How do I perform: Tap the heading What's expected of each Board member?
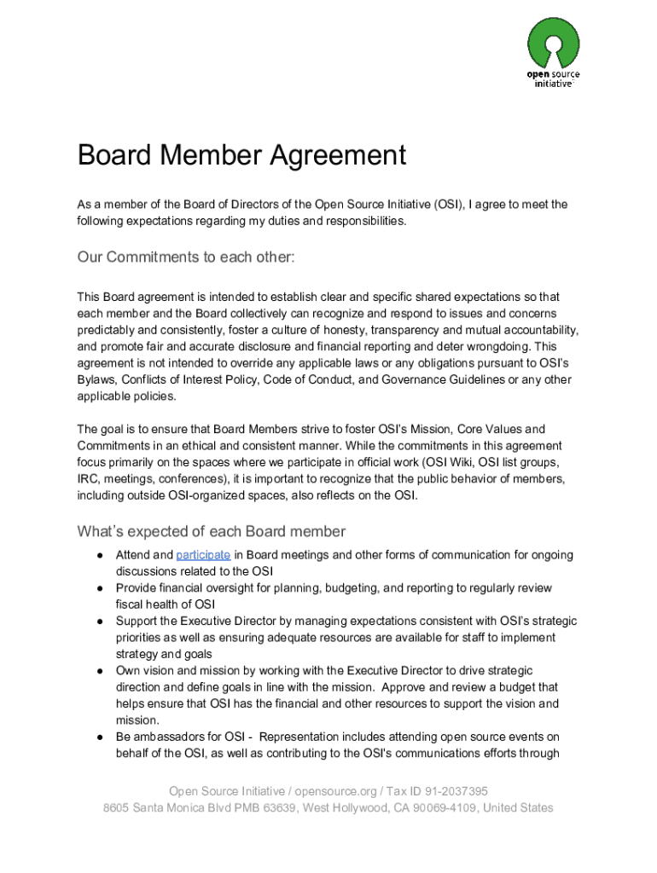[211, 532]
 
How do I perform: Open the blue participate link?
[203, 555]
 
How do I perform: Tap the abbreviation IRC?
[88, 479]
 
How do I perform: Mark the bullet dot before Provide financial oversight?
[100, 588]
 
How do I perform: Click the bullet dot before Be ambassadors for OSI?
[100, 737]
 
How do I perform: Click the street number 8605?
[119, 807]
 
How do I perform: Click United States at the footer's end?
[518, 807]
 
